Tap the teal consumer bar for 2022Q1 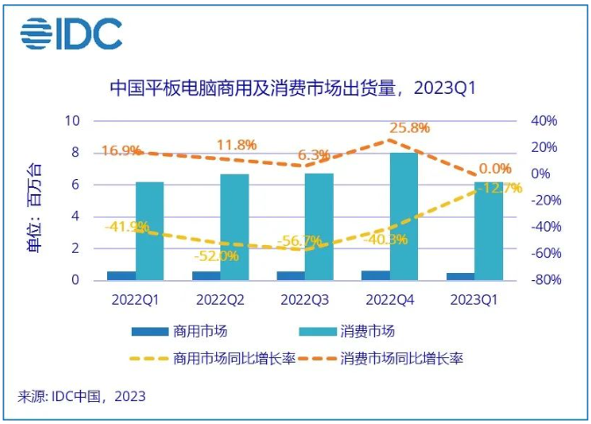(x=150, y=231)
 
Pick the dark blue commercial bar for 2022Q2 (x=206, y=276)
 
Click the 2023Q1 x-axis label (x=474, y=299)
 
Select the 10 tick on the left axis (x=74, y=121)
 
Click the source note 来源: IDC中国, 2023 (x=82, y=396)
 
